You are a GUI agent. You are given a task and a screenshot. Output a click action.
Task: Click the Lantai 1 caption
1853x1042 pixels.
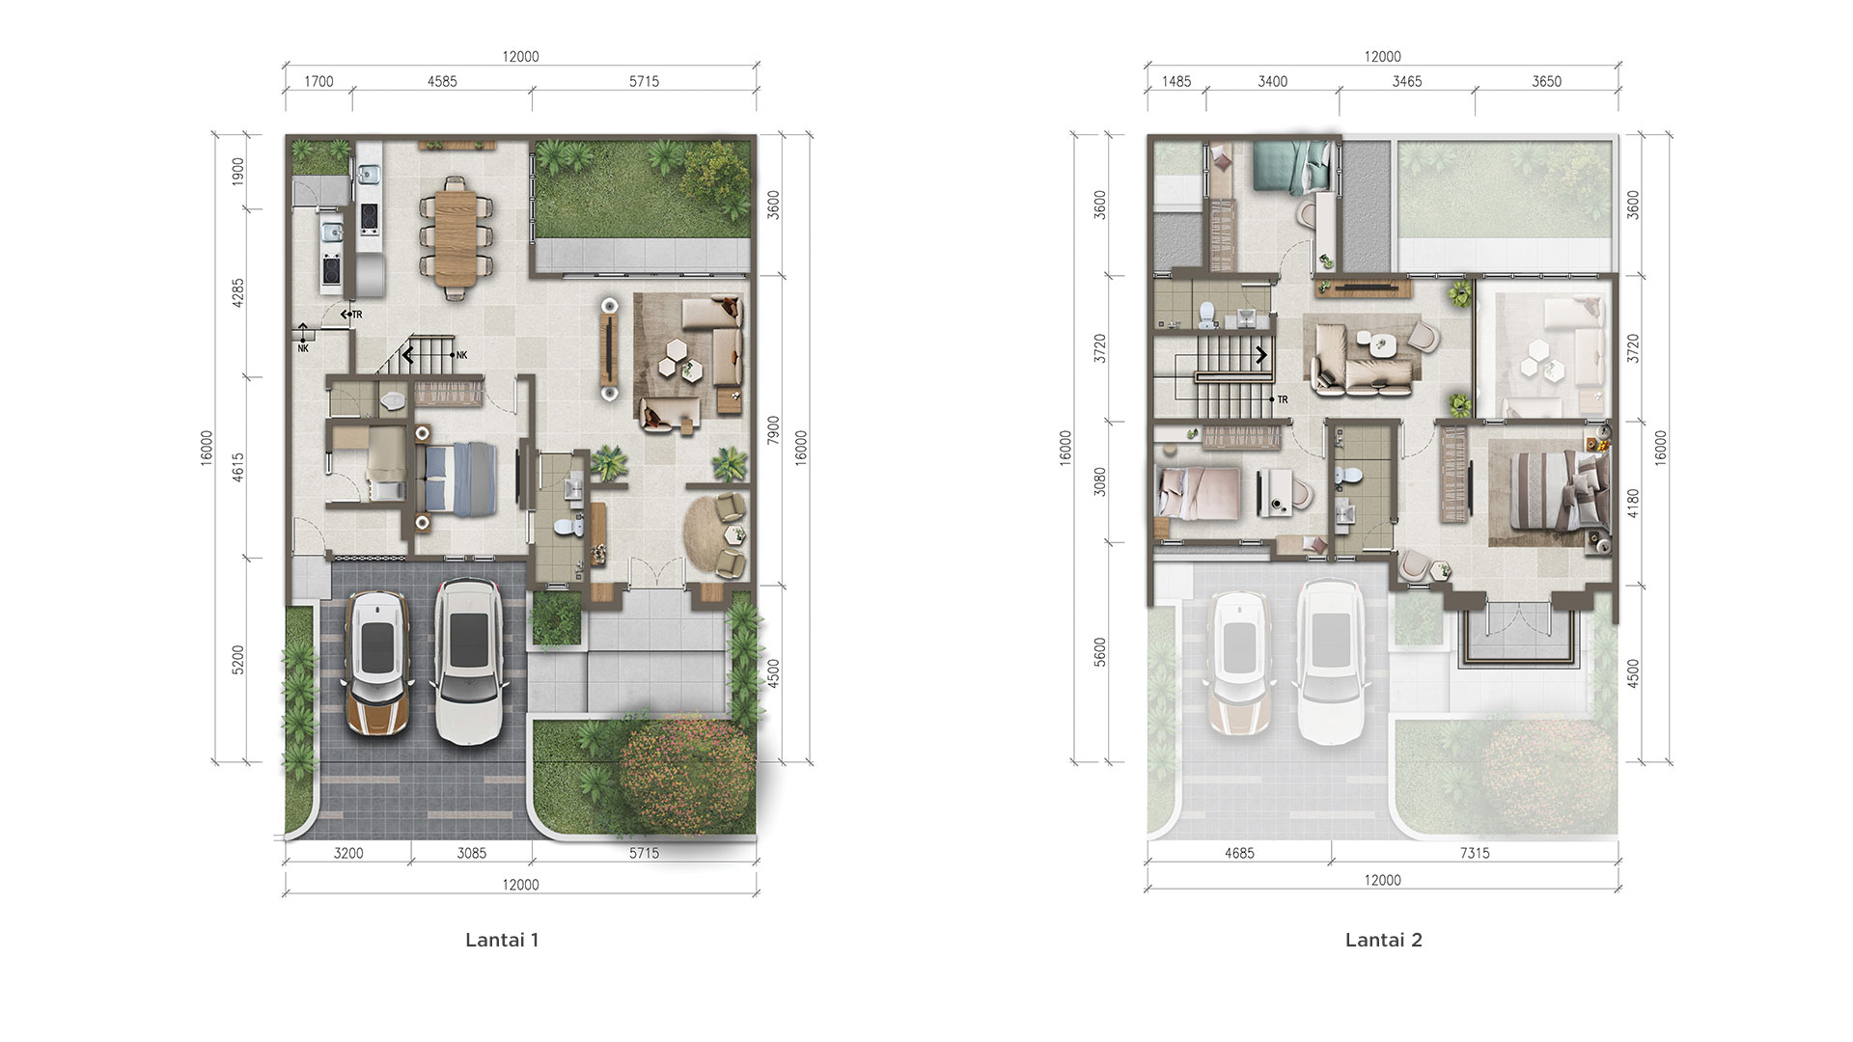coord(502,940)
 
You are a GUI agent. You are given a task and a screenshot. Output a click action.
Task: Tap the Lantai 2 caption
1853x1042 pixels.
coord(1384,940)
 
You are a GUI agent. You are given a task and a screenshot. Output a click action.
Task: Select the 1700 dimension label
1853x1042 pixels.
coord(318,82)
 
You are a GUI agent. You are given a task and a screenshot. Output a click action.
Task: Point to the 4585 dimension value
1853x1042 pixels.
coord(442,82)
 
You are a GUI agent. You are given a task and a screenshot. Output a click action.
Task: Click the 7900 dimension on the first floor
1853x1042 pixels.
coord(773,431)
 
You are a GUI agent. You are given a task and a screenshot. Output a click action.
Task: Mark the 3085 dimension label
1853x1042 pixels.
coord(472,853)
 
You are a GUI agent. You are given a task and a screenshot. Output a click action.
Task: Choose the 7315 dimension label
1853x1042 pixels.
coord(1475,853)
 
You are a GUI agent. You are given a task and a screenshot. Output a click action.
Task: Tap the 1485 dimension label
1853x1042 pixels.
coord(1176,82)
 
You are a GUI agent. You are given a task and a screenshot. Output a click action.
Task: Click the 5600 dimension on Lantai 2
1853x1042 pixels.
coord(1101,652)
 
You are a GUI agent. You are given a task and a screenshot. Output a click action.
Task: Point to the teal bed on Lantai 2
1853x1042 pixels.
coord(1290,165)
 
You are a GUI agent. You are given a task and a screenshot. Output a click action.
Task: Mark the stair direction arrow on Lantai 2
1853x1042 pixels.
coord(1261,355)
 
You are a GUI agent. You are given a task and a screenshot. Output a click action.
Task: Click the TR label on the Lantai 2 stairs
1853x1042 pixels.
coord(1283,399)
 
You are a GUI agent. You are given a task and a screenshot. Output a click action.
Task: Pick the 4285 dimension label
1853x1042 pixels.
coord(238,293)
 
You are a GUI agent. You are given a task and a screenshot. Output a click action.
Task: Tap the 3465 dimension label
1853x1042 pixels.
coord(1407,82)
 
